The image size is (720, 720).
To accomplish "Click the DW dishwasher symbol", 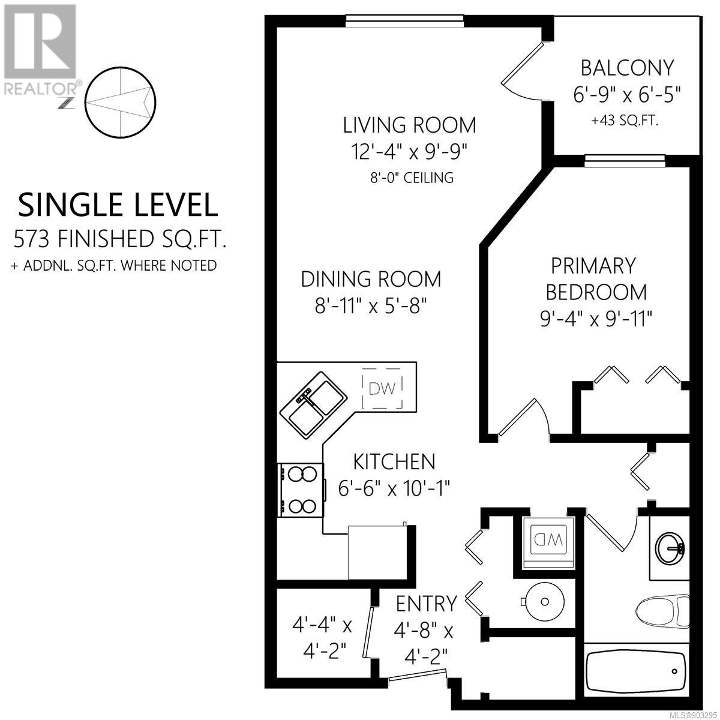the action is point(382,388).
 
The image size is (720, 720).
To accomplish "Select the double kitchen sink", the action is point(314,405).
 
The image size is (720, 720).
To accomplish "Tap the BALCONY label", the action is point(628,68).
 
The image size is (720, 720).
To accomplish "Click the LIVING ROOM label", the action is point(410,125).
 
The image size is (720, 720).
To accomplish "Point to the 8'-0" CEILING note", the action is point(412,178).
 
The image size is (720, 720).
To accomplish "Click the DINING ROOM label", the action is point(371,279).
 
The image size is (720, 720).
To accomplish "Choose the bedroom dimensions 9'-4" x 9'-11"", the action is point(596,320).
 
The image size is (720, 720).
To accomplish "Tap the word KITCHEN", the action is point(394,462).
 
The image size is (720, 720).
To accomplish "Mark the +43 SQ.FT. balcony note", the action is point(625,121).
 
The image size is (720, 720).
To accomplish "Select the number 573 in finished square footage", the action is point(31,239).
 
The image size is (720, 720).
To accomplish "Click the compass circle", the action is point(121,101).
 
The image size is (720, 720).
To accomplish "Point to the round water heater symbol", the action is point(544,602).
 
